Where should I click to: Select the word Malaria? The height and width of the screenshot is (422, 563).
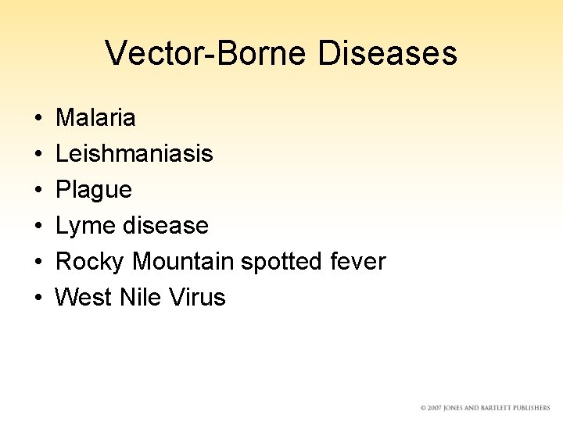point(96,118)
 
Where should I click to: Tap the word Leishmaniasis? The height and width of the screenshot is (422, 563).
point(134,154)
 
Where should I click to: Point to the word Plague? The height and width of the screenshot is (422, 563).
point(94,190)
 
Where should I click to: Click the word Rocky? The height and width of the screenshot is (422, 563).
point(91,262)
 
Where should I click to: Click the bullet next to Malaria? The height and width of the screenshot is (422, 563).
point(38,119)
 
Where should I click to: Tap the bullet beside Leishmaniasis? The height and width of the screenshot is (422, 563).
point(38,155)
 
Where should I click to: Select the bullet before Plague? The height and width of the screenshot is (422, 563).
point(38,191)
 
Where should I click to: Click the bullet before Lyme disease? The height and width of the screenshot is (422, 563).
point(38,227)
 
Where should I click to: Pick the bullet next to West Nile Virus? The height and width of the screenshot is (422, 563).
point(38,299)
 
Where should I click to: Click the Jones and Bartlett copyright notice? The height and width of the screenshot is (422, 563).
point(485,408)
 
